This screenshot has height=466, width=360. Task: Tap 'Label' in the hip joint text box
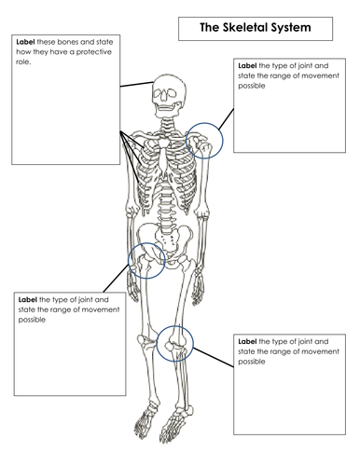tap(28, 300)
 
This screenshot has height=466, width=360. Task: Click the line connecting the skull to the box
tap(135, 85)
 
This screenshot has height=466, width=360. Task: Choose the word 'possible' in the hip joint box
tap(33, 320)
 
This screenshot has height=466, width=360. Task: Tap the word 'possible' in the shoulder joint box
tap(251, 86)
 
